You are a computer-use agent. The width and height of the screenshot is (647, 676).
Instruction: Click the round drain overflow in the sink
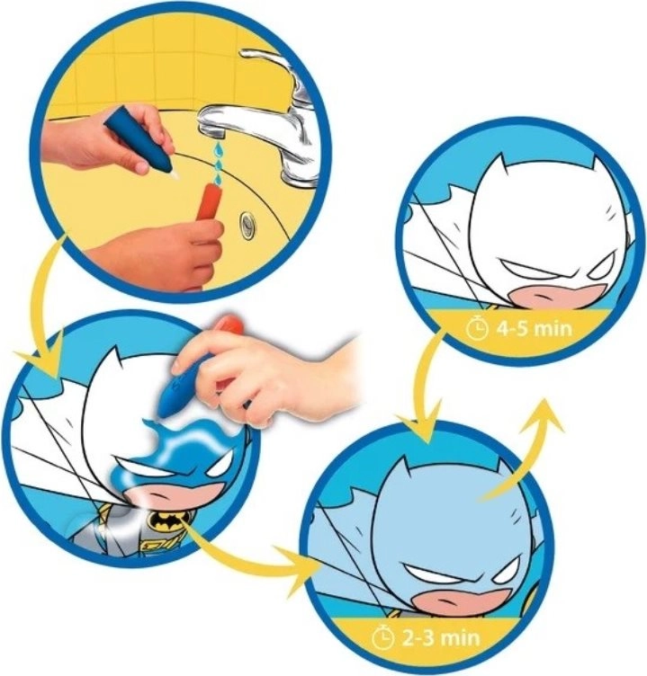[247, 224]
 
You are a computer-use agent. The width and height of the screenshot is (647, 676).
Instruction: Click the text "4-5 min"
[533, 328]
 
